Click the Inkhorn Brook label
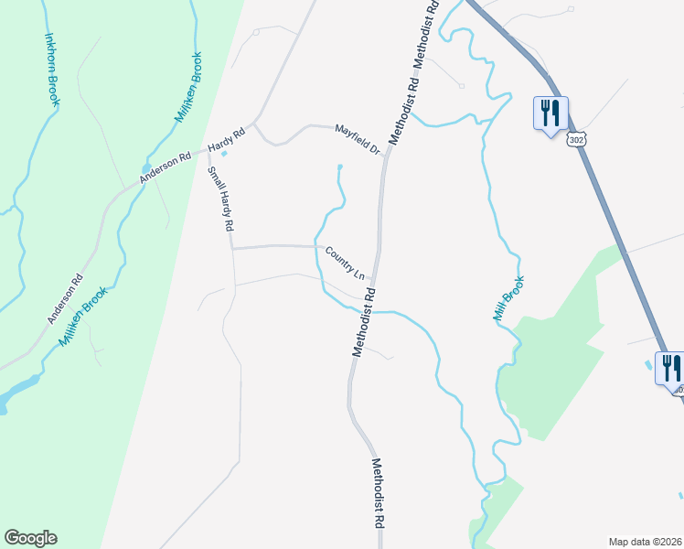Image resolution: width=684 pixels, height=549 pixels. click(x=51, y=70)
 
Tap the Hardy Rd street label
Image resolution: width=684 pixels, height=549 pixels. click(x=228, y=139)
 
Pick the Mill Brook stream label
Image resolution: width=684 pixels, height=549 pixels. click(x=508, y=298)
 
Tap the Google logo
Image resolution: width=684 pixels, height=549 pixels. click(x=30, y=538)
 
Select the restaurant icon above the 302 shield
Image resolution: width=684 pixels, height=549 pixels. click(x=550, y=113)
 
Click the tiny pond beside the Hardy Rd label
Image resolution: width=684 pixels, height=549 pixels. click(x=225, y=153)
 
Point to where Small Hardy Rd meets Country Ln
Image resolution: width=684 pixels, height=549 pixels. click(x=232, y=248)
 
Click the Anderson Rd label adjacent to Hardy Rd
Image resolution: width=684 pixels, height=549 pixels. click(x=165, y=168)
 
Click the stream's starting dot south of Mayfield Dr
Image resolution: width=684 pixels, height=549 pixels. click(x=340, y=167)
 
